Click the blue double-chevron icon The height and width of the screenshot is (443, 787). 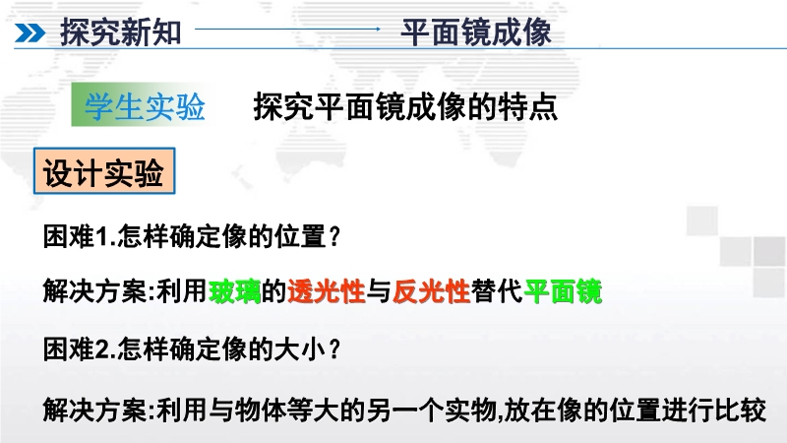[30, 33]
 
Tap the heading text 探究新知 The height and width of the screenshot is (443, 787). [120, 32]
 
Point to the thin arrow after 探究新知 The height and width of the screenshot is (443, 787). [287, 30]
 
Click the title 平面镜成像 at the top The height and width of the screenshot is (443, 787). [476, 32]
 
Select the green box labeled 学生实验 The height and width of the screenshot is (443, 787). [144, 105]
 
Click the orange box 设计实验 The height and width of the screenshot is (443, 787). [104, 170]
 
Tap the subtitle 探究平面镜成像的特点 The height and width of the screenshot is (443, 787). [405, 106]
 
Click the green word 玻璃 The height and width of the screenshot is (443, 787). [234, 291]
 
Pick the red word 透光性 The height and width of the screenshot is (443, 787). [327, 291]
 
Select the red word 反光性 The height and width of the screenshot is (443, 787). [431, 291]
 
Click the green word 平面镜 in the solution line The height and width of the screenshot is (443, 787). [563, 291]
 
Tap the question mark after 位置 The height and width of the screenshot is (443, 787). [335, 236]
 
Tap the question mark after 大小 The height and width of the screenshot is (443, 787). [335, 349]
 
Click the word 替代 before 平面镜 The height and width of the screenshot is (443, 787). [497, 291]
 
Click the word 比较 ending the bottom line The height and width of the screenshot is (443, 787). [741, 411]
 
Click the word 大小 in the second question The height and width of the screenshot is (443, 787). [301, 349]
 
